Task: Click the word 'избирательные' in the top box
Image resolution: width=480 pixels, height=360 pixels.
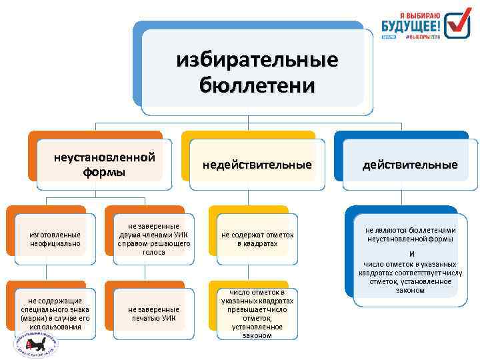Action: point(257,61)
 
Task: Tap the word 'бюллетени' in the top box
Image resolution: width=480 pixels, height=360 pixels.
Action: point(257,85)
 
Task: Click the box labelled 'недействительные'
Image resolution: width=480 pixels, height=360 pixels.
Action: point(257,164)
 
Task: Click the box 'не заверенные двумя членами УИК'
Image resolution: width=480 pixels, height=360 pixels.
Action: point(155,234)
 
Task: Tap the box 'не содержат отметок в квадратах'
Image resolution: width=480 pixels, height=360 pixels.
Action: point(257,239)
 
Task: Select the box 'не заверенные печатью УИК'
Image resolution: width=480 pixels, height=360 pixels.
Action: point(154,313)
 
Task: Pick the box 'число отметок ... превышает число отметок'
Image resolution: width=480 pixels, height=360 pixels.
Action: point(257,313)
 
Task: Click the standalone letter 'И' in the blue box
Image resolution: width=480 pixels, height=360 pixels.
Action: point(411,254)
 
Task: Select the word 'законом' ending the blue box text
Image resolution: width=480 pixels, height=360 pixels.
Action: point(409,290)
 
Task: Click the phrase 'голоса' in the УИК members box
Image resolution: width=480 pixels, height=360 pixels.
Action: point(154,253)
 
